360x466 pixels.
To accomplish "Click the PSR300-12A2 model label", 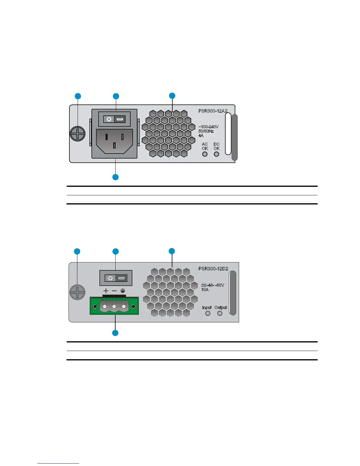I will click(213, 111).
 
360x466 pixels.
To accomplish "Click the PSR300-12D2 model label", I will click(213, 269).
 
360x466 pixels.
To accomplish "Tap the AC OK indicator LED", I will click(205, 154).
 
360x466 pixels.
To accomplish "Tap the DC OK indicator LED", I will click(216, 154).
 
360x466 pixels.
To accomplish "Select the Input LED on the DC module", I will click(208, 313).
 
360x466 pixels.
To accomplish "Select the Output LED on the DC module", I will click(220, 313).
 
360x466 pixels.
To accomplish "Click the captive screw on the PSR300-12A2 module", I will click(77, 134).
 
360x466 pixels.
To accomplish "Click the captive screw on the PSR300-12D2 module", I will click(77, 292).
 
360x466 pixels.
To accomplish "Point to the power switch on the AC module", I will click(114, 119).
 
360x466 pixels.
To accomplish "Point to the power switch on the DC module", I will click(116, 278).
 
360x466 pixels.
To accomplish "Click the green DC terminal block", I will click(114, 306).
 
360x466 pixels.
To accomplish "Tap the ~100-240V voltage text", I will click(208, 127).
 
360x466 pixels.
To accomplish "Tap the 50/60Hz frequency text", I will click(206, 131).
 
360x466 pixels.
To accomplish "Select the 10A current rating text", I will click(205, 289).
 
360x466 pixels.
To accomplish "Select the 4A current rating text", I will click(201, 136).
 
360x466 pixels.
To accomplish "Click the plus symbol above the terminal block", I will click(106, 291).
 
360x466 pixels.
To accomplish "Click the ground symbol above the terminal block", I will click(123, 291).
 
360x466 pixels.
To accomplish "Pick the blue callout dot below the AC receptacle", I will click(116, 177).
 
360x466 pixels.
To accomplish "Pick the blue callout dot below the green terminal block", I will click(115, 333).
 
